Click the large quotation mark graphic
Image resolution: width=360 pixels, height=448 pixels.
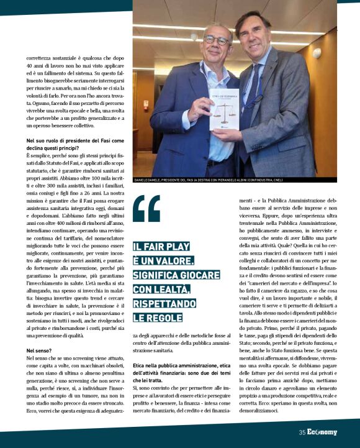pyautogui.click(x=146, y=209)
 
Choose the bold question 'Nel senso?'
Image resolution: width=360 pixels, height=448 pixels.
pyautogui.click(x=39, y=352)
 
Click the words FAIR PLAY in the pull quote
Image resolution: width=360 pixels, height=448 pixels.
pyautogui.click(x=164, y=246)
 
